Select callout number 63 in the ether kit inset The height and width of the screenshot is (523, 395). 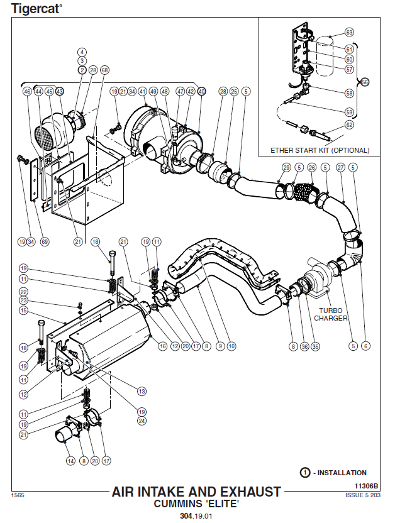pos(350,32)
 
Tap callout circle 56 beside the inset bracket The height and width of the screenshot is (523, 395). pos(364,81)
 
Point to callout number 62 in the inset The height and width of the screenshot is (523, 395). pos(350,125)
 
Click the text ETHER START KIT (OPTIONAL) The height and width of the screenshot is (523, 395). pos(320,150)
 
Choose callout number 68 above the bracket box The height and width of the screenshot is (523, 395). pos(104,70)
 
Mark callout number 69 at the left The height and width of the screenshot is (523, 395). pos(43,241)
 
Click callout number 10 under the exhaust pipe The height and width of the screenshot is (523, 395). pos(232,346)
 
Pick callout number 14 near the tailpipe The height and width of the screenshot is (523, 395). pos(70,461)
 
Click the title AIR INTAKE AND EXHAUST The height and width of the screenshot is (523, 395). pos(196,492)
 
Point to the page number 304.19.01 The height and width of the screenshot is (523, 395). pos(197,516)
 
